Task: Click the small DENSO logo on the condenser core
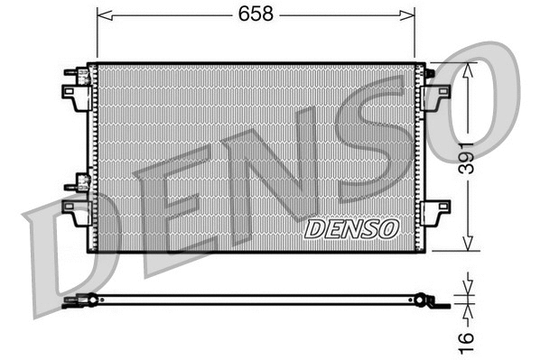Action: tap(351, 228)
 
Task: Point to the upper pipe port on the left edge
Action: tap(75, 76)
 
